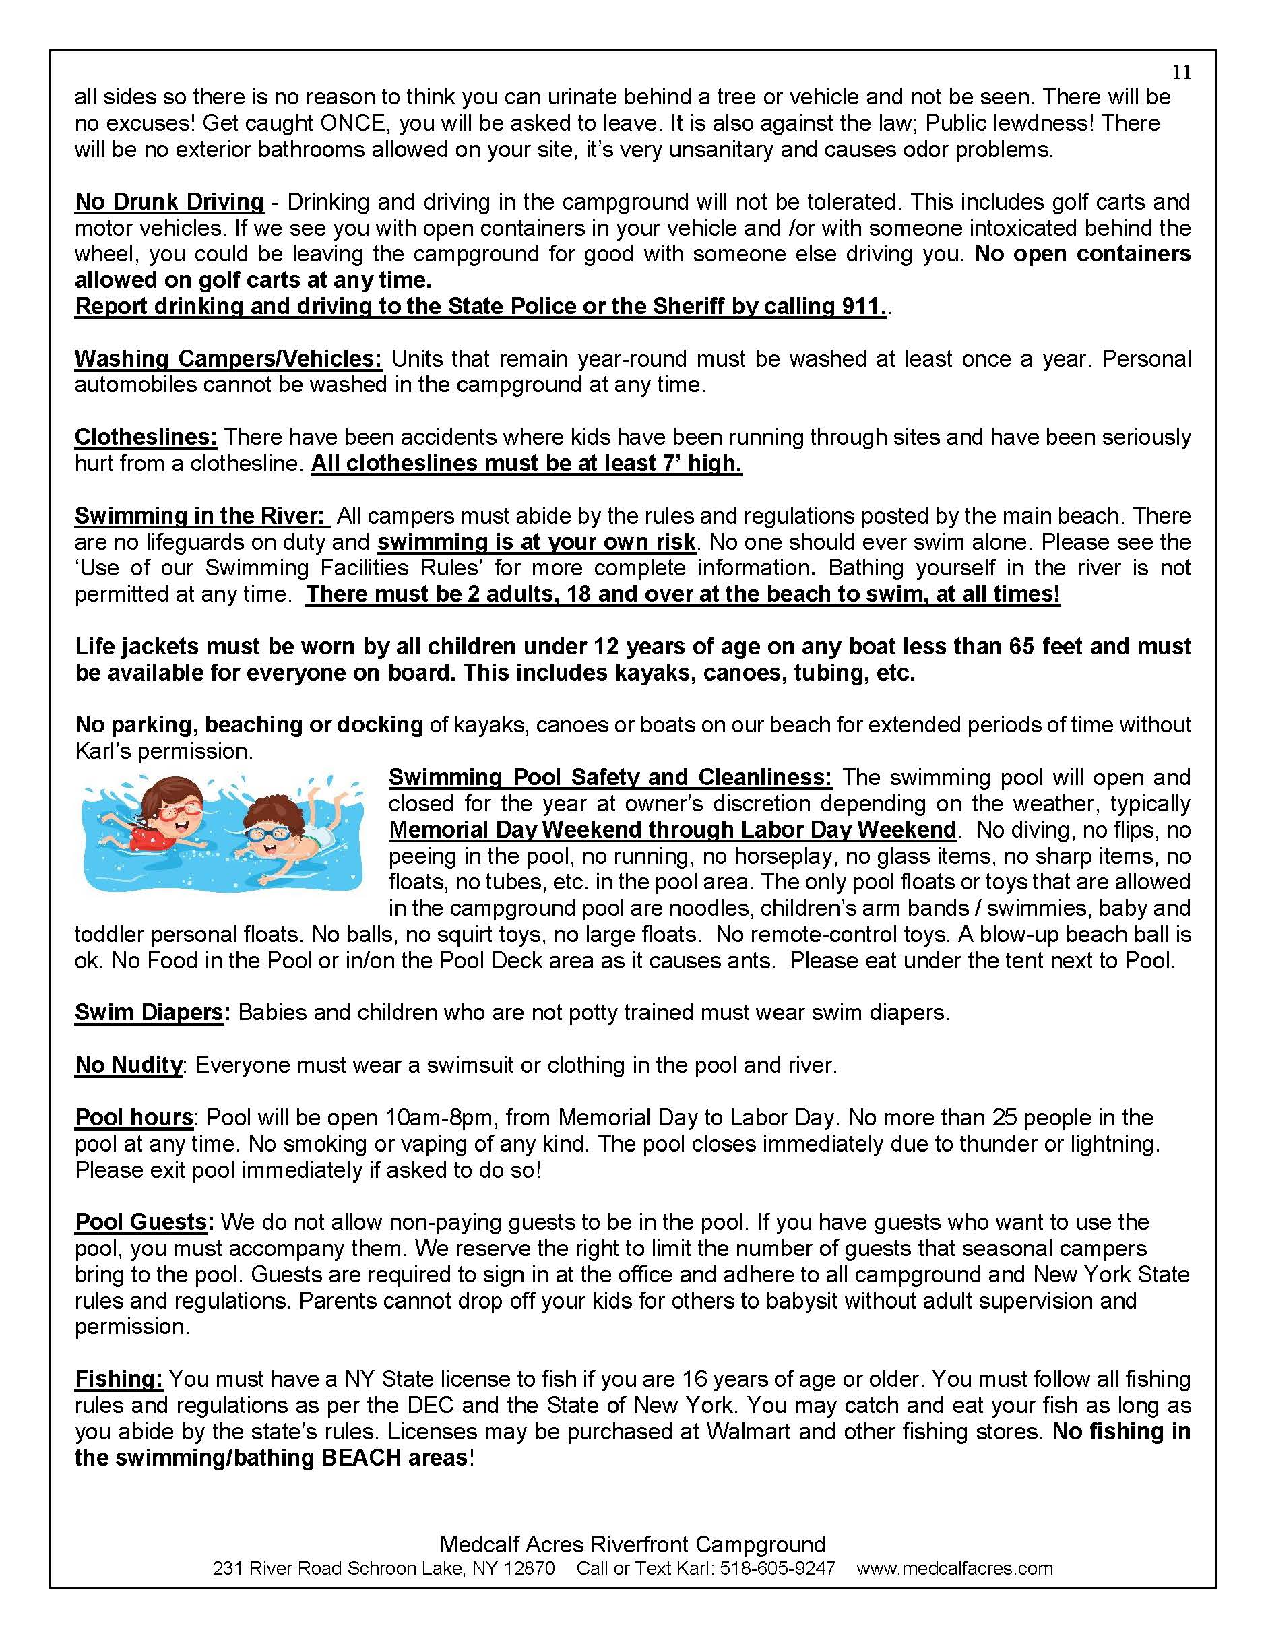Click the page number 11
click(1181, 72)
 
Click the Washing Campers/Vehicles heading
click(228, 358)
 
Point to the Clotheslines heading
click(146, 437)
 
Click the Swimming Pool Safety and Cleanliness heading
click(610, 778)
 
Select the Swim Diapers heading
click(150, 1013)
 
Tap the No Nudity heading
click(128, 1065)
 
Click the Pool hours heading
click(134, 1118)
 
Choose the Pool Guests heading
click(141, 1222)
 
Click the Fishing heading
click(119, 1379)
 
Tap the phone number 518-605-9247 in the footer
click(777, 1567)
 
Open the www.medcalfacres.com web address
click(954, 1567)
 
